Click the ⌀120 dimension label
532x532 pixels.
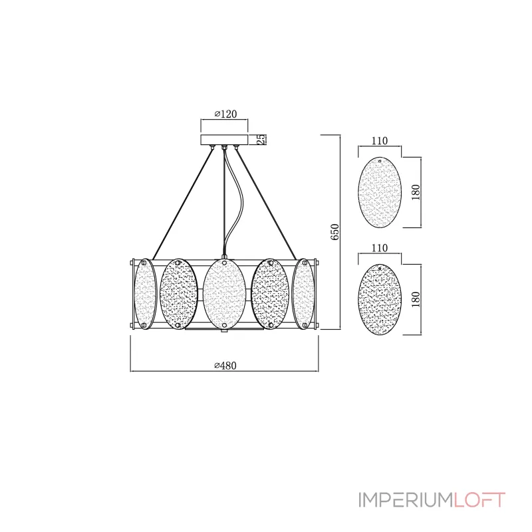pos(225,114)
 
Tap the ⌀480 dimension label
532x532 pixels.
pos(225,365)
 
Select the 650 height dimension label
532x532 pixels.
pos(335,231)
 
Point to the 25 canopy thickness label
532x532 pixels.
pos(261,139)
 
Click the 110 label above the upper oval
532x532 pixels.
pos(379,141)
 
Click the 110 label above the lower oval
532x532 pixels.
pos(379,248)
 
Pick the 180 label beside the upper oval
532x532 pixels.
pos(416,192)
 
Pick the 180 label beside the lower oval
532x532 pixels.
pos(416,299)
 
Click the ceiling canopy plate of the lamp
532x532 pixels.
pos(224,140)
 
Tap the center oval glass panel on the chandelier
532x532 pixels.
pos(224,293)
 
